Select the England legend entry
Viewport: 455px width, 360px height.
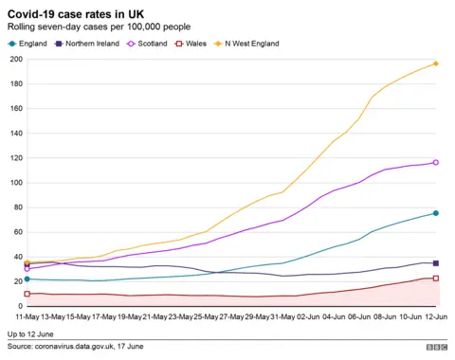pyautogui.click(x=28, y=44)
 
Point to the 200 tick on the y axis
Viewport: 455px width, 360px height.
pyautogui.click(x=16, y=60)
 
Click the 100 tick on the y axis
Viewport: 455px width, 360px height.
pyautogui.click(x=16, y=183)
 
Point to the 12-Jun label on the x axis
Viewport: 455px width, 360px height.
pyautogui.click(x=434, y=315)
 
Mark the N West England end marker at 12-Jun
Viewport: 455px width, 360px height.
pyautogui.click(x=435, y=63)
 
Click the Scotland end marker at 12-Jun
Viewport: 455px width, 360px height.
pyautogui.click(x=435, y=162)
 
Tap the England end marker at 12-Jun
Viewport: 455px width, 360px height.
pyautogui.click(x=435, y=213)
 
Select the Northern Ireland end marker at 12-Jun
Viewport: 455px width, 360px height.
pyautogui.click(x=435, y=263)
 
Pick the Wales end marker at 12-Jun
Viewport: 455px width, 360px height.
pyautogui.click(x=435, y=279)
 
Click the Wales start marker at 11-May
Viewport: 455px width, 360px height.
pyautogui.click(x=27, y=294)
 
